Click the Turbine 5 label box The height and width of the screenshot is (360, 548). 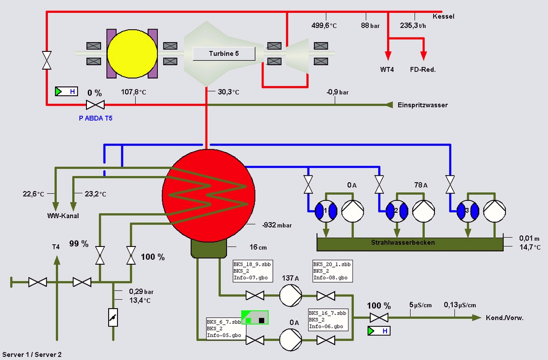point(224,53)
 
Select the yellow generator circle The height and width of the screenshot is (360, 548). point(132,53)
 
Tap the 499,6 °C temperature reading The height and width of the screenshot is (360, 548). point(324,26)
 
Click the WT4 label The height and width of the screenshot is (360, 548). point(387,70)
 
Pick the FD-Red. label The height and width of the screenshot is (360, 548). point(423,70)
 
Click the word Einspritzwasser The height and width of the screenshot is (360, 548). point(423,105)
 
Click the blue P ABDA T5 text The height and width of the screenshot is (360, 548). point(96,119)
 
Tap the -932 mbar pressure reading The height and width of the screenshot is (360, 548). point(276,225)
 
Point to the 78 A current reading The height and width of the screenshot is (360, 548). point(421,185)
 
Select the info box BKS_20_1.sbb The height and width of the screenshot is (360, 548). point(333,271)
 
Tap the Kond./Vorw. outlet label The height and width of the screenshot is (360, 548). point(505,318)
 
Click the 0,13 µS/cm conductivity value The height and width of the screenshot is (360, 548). point(460,305)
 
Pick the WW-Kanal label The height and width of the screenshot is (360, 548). point(63,216)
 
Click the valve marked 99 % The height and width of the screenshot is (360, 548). point(100,255)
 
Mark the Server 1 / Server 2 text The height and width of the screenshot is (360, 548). point(32,355)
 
